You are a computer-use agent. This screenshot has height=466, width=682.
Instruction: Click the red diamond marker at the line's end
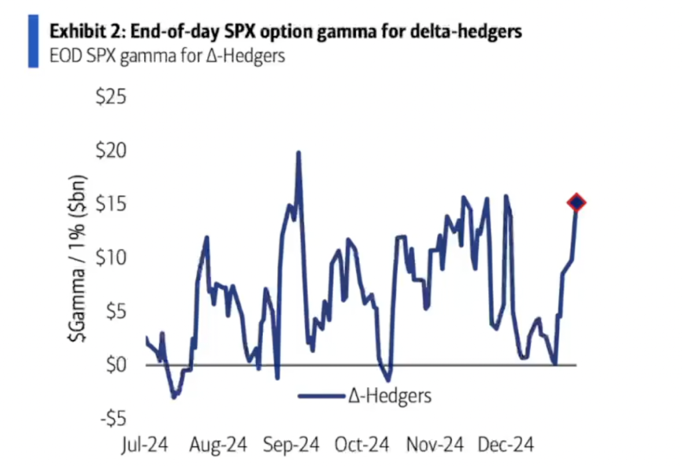pos(576,203)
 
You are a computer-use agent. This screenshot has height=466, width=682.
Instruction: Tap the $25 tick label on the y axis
pos(111,97)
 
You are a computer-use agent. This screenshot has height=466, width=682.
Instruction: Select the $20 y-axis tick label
pos(111,151)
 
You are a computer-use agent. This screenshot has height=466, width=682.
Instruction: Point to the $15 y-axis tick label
pos(111,204)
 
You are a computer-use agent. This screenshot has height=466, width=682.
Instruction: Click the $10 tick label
pos(111,258)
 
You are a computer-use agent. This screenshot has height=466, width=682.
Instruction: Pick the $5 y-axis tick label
pos(115,312)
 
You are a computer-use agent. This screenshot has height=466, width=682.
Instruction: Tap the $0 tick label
pos(115,365)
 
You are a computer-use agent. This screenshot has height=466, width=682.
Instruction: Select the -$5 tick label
pos(111,419)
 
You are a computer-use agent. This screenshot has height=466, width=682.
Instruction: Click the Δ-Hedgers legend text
pos(390,396)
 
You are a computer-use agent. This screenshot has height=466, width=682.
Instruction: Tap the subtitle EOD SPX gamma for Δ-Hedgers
pos(167,56)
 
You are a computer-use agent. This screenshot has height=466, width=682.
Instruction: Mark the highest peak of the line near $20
pos(298,152)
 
